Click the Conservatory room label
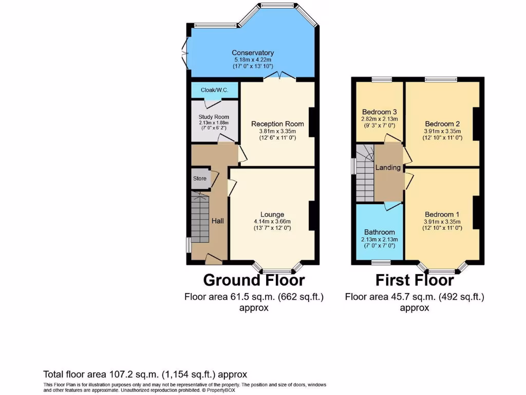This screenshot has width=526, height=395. [x=252, y=53]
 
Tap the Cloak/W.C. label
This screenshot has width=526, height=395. [x=214, y=90]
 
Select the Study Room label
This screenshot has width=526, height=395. [x=214, y=117]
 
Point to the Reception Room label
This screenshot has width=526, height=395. [x=277, y=124]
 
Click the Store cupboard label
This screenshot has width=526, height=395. [x=200, y=178]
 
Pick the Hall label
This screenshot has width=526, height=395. [x=218, y=221]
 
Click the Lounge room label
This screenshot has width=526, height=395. [x=272, y=214]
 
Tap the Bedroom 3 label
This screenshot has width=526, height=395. [x=379, y=112]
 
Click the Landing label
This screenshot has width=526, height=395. [x=388, y=168]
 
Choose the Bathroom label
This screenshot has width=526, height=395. [x=380, y=232]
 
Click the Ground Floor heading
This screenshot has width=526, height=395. [x=254, y=280]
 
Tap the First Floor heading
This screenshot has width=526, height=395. [x=415, y=280]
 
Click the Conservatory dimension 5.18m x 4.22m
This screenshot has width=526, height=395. [x=252, y=60]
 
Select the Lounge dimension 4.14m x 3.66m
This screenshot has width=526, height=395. [x=272, y=221]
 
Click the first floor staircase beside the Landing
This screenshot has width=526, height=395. [x=364, y=172]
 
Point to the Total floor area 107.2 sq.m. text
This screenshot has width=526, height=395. [x=145, y=374]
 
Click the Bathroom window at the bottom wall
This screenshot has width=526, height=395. [x=381, y=262]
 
